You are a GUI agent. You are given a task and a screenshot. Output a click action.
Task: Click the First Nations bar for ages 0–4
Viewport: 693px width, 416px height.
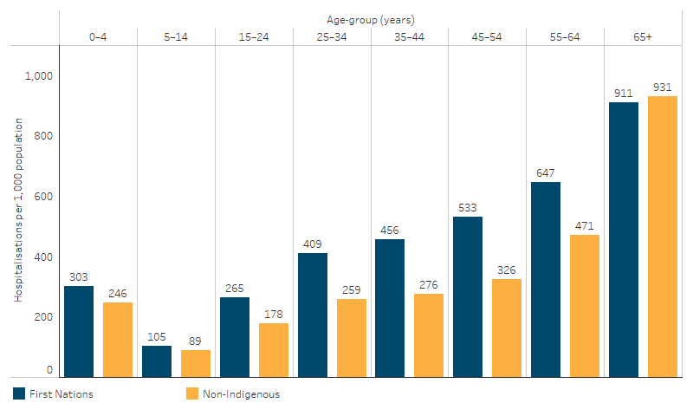pyautogui.click(x=79, y=331)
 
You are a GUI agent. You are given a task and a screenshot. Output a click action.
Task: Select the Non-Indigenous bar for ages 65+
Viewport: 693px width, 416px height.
pyautogui.click(x=663, y=237)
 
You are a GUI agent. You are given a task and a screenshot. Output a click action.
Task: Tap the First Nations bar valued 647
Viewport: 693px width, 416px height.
pyautogui.click(x=546, y=279)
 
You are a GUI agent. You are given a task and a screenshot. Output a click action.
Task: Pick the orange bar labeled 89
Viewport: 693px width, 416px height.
pyautogui.click(x=196, y=363)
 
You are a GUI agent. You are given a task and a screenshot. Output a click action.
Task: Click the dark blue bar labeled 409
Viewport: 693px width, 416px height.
pyautogui.click(x=312, y=315)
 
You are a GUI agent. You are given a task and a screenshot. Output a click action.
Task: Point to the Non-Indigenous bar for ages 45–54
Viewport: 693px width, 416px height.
pyautogui.click(x=507, y=328)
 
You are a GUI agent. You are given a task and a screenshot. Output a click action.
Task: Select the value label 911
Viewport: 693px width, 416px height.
pyautogui.click(x=624, y=93)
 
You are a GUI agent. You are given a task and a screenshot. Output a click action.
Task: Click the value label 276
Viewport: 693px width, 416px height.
pyautogui.click(x=429, y=284)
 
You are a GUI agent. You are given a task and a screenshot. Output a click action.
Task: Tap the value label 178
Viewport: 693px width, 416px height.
pyautogui.click(x=273, y=314)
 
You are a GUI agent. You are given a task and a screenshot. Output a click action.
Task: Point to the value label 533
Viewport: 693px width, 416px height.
pyautogui.click(x=468, y=207)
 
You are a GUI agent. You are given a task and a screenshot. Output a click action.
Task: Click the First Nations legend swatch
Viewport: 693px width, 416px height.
pyautogui.click(x=19, y=394)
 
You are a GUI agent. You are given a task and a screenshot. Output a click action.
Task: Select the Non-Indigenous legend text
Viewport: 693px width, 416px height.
pyautogui.click(x=242, y=394)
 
